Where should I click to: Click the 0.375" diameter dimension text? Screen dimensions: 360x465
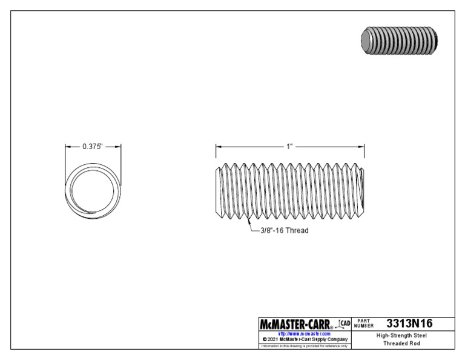pyautogui.click(x=93, y=146)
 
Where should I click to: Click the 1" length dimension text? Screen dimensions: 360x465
pyautogui.click(x=289, y=146)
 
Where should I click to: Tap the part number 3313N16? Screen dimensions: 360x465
pyautogui.click(x=409, y=323)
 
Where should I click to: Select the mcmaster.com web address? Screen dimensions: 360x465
pyautogui.click(x=304, y=333)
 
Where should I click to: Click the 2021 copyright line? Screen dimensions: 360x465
pyautogui.click(x=304, y=339)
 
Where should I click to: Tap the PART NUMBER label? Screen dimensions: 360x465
pyautogui.click(x=366, y=324)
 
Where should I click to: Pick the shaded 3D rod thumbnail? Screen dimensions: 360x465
pyautogui.click(x=398, y=41)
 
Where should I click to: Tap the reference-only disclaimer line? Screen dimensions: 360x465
pyautogui.click(x=304, y=346)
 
